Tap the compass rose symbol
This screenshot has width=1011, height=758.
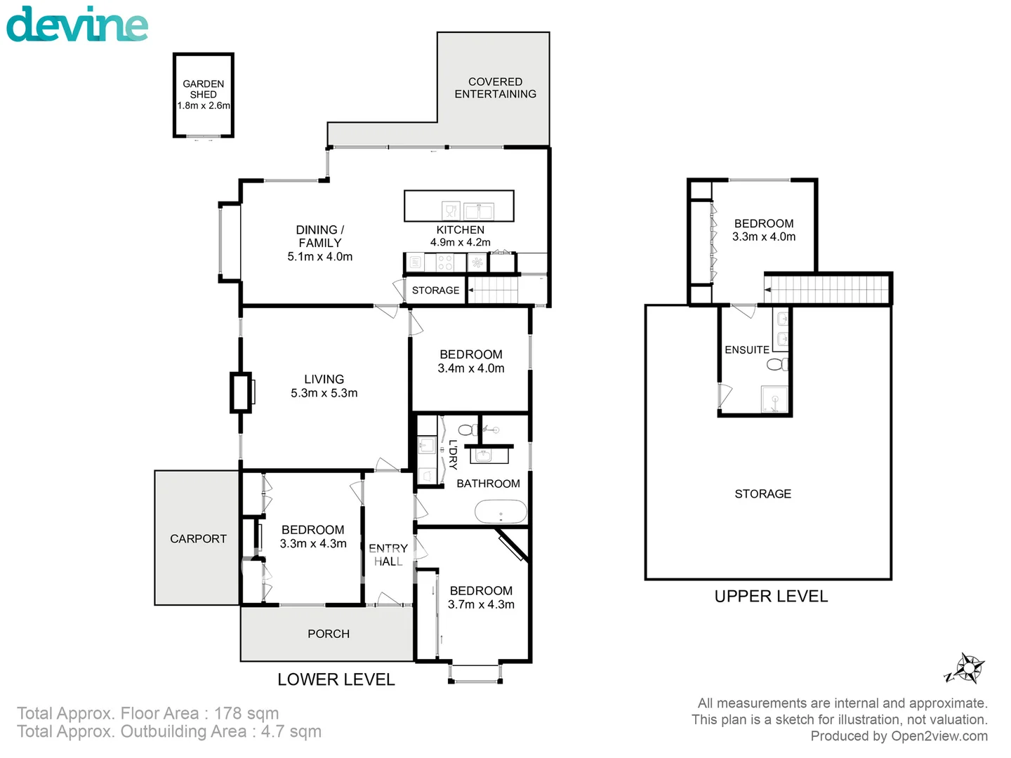point(967,668)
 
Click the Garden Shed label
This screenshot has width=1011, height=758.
point(204,89)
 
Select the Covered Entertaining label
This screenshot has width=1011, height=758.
point(495,88)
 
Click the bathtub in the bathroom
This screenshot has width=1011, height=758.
point(501,512)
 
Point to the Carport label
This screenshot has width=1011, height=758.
point(198,539)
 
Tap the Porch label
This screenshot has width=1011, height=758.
point(328,634)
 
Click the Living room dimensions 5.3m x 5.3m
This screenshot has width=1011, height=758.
point(324,394)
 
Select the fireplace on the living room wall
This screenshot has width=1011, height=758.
point(241,393)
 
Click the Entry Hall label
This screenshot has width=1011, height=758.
point(388,554)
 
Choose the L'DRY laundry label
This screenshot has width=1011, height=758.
point(453,454)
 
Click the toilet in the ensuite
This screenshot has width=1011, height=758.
point(777,364)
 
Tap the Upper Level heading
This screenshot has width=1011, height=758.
point(771,597)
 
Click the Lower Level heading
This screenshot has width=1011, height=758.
point(336,679)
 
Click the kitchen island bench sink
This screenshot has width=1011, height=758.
point(479,211)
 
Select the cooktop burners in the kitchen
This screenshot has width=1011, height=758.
point(444,263)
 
